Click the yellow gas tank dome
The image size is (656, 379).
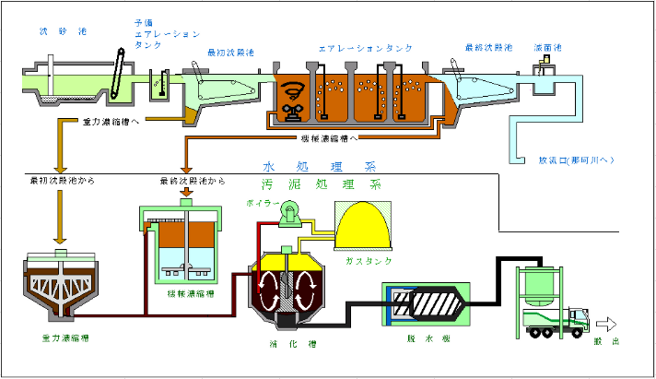click(x=368, y=227)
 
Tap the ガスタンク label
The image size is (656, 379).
click(x=368, y=261)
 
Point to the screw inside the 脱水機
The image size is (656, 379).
click(x=432, y=303)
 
